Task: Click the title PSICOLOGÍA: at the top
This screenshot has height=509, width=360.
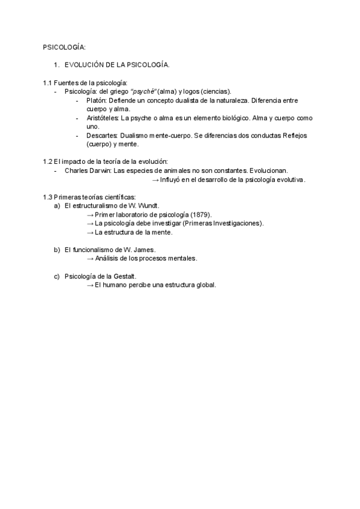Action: click(x=64, y=47)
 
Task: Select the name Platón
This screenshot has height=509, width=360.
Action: click(x=96, y=100)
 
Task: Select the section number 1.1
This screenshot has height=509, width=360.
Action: click(x=47, y=82)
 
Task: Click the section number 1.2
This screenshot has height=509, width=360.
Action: click(x=47, y=161)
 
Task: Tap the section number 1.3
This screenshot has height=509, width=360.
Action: click(x=47, y=197)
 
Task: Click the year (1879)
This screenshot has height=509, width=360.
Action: click(x=201, y=214)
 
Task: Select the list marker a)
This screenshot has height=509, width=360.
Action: click(x=57, y=206)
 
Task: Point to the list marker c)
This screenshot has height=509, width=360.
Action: click(x=57, y=276)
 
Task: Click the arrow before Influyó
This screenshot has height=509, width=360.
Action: click(x=155, y=179)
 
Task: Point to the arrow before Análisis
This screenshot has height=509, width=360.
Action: click(x=90, y=259)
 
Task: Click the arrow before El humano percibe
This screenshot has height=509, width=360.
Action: click(x=90, y=285)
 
